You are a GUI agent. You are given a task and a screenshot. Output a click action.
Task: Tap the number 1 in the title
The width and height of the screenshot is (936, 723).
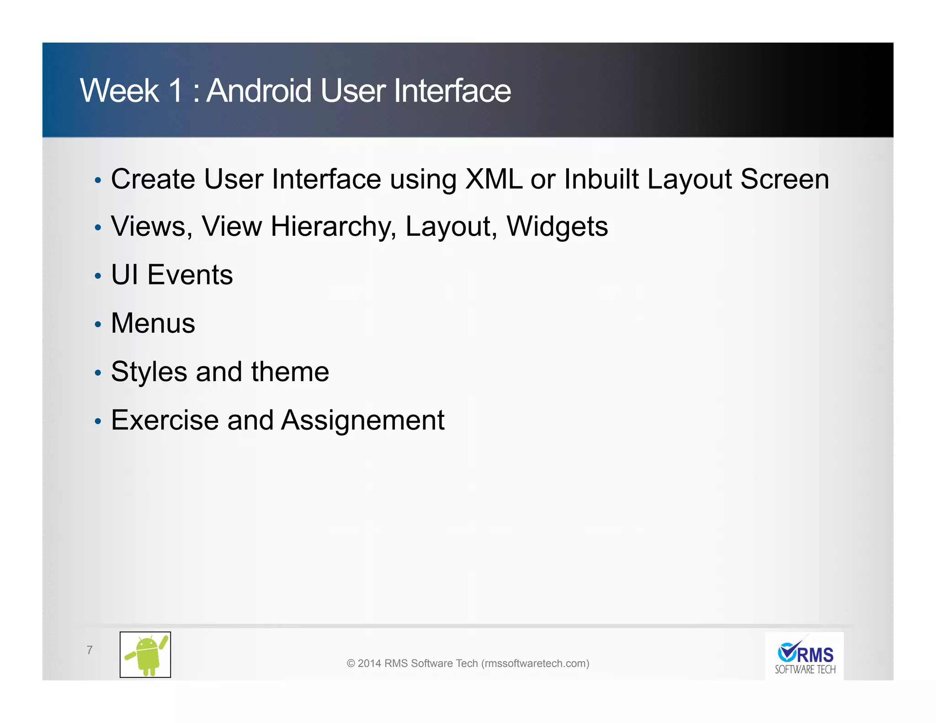(x=175, y=90)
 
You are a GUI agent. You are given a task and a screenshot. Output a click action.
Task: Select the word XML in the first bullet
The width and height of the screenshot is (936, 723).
(x=493, y=179)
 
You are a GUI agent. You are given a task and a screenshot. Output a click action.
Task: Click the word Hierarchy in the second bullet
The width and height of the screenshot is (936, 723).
(x=333, y=227)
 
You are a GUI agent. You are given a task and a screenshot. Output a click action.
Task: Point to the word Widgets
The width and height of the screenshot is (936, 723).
(x=557, y=227)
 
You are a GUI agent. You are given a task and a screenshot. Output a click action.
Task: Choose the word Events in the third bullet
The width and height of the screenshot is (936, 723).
(x=190, y=275)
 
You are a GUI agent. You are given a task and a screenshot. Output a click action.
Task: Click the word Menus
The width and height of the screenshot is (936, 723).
(x=153, y=323)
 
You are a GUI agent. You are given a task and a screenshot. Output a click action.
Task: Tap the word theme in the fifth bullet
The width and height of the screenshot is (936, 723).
(x=290, y=372)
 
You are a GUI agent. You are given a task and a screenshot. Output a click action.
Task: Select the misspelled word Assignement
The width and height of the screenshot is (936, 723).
(x=362, y=420)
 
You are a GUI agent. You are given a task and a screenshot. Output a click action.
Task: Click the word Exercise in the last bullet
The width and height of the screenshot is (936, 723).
(x=165, y=420)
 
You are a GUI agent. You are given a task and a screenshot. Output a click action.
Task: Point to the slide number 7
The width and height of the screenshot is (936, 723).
(x=90, y=650)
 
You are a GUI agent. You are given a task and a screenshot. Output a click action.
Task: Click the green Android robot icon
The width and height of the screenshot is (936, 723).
(x=145, y=654)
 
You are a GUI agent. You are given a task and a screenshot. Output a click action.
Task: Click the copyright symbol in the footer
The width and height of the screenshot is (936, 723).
(x=351, y=664)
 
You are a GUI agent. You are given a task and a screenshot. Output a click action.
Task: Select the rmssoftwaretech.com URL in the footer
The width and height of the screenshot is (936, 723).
(x=535, y=664)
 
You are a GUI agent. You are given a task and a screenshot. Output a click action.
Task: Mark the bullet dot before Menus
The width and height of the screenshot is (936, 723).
(x=97, y=324)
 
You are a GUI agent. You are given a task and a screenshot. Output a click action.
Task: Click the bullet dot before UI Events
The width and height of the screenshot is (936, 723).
(x=97, y=276)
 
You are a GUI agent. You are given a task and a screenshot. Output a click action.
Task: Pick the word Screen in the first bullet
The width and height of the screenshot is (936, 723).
(x=784, y=179)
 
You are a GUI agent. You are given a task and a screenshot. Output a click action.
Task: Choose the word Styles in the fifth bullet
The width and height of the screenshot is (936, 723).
(x=149, y=372)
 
